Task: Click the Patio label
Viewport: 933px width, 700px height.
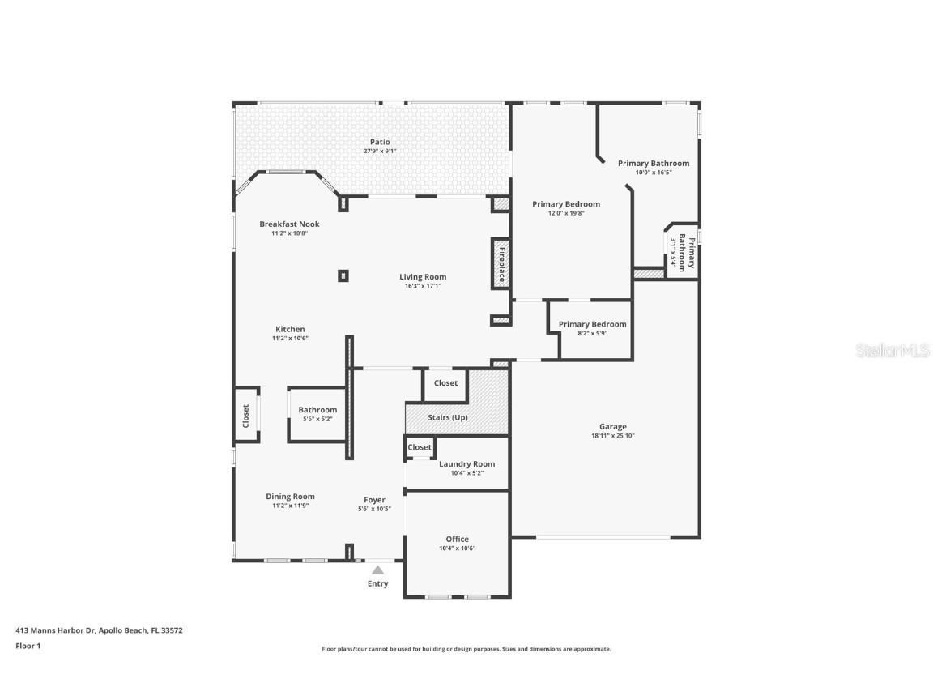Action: point(380,142)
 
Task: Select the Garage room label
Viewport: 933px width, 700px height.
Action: point(612,427)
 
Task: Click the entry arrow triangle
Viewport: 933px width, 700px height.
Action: point(377,570)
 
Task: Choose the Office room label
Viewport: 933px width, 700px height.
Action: point(457,539)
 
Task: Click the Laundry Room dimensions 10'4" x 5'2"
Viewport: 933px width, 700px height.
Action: point(466,473)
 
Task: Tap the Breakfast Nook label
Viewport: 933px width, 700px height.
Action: point(289,224)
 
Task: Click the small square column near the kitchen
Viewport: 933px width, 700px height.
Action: point(343,276)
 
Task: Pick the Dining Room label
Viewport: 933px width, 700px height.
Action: point(290,497)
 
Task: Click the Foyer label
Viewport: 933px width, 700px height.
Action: point(374,500)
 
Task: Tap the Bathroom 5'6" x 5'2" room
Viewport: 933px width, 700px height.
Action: point(317,414)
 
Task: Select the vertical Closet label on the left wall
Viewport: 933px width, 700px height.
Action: point(246,416)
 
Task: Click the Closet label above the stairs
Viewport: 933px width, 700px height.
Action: point(445,383)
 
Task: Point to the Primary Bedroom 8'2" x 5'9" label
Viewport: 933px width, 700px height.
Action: point(592,325)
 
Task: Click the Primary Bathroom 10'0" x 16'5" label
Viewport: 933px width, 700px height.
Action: point(653,164)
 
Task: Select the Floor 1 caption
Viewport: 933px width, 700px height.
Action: point(28,646)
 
